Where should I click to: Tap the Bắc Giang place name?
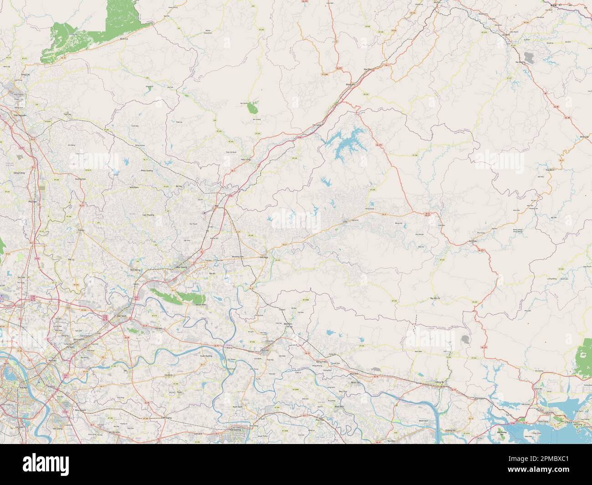coord(182,267)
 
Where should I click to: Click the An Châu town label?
coord(473,241)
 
